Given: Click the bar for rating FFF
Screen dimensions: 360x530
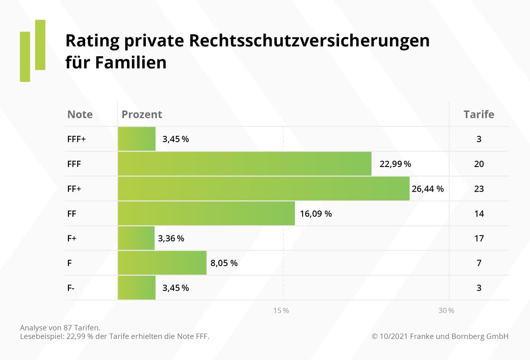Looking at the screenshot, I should pyautogui.click(x=245, y=164).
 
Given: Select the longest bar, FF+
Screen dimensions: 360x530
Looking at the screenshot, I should pyautogui.click(x=263, y=189).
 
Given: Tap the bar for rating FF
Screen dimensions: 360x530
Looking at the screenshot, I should pyautogui.click(x=206, y=214).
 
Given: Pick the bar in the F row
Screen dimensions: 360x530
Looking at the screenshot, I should pyautogui.click(x=162, y=263).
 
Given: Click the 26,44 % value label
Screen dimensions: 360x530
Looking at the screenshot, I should pyautogui.click(x=427, y=189).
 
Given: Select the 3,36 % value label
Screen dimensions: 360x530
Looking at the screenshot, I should pyautogui.click(x=171, y=238).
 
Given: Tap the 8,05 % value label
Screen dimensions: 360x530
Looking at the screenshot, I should pyautogui.click(x=224, y=263).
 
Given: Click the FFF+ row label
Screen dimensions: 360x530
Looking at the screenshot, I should pyautogui.click(x=77, y=139).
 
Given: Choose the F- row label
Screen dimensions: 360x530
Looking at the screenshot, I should pyautogui.click(x=71, y=288).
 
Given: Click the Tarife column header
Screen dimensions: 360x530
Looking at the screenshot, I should pyautogui.click(x=479, y=114).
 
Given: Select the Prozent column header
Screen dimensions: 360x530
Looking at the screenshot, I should pyautogui.click(x=142, y=114).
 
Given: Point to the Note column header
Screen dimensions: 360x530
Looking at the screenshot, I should pyautogui.click(x=80, y=114).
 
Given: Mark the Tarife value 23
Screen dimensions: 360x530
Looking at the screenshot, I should pyautogui.click(x=479, y=189).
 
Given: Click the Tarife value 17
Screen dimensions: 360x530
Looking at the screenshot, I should pyautogui.click(x=479, y=238).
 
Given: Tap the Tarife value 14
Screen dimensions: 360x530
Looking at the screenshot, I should pyautogui.click(x=479, y=214).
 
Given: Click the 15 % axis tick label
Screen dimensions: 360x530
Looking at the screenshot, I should pyautogui.click(x=281, y=311).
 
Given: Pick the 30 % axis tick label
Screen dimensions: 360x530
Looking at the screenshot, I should pyautogui.click(x=446, y=311).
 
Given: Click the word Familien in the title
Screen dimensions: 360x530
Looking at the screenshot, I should pyautogui.click(x=131, y=62).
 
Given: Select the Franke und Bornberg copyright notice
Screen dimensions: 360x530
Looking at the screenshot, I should pyautogui.click(x=440, y=336).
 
